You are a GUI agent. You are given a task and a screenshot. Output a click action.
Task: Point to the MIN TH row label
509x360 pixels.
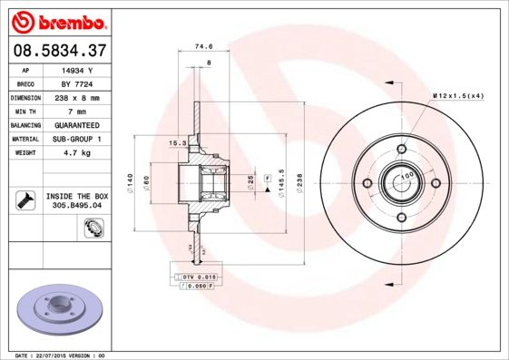click(25, 110)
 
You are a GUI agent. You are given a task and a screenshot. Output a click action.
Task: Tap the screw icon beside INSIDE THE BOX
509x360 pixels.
click(24, 199)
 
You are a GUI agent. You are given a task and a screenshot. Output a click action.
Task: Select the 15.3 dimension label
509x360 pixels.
click(178, 143)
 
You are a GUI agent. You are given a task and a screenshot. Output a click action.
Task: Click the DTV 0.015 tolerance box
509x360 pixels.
click(196, 275)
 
